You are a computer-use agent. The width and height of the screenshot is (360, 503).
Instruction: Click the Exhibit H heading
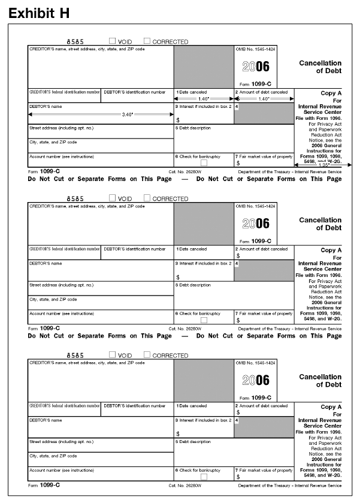coord(39,12)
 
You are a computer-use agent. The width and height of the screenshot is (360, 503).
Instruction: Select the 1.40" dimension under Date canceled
coord(203,99)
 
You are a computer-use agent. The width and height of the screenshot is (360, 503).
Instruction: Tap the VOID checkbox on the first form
coord(113,41)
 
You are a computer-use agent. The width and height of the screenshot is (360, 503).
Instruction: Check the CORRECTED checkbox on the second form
coord(147,198)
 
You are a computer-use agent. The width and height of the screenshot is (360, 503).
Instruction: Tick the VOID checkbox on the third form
coord(113,356)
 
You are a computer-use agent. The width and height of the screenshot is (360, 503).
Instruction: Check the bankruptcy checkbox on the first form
coord(204,162)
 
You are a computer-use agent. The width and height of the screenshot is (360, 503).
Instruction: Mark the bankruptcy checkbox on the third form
coord(204,477)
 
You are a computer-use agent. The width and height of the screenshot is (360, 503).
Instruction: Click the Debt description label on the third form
coord(193,442)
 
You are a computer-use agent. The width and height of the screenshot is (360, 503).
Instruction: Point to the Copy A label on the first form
coord(331,93)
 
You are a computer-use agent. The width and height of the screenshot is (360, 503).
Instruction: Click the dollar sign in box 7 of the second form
coord(238,320)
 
